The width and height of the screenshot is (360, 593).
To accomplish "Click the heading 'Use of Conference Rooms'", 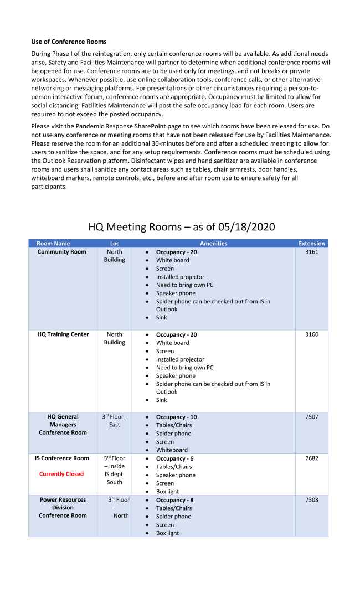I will click(69, 42).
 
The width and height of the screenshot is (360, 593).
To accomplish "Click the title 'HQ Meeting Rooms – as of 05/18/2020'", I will click(181, 227).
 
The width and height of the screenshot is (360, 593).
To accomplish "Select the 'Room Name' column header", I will click(53, 244).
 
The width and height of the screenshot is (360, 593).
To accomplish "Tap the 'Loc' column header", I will click(115, 244).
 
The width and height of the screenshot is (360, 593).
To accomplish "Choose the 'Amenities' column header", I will click(213, 244).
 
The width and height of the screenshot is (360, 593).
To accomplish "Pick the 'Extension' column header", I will click(311, 244).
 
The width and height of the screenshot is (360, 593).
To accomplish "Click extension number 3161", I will click(311, 252).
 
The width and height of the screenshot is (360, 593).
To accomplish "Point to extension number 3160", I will click(311, 334).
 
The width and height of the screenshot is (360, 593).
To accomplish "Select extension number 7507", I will click(311, 417).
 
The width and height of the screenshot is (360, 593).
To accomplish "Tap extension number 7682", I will click(311, 458).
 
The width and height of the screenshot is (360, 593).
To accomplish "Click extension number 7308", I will click(311, 500).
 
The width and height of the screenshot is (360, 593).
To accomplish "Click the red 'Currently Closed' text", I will click(61, 474).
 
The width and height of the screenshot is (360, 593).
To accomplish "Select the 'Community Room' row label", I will click(62, 252).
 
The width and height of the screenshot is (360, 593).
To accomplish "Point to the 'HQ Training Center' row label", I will click(63, 334).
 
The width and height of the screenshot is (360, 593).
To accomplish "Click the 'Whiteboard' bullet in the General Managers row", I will click(172, 450).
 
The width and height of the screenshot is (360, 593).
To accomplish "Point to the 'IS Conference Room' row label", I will click(62, 458).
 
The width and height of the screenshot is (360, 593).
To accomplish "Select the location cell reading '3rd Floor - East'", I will click(115, 421).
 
